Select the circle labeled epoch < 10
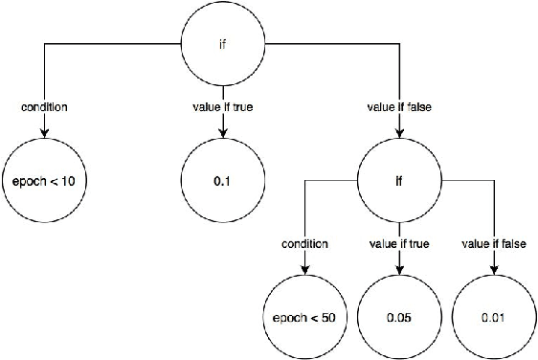tap(44, 181)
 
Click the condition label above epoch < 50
tap(303, 244)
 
